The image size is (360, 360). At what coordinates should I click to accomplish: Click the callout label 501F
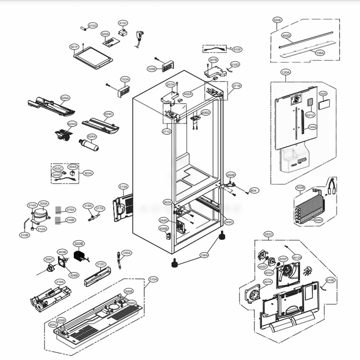point(74,47)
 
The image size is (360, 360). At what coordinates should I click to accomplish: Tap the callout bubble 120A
point(285,72)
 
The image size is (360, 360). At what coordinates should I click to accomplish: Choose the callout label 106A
point(204,255)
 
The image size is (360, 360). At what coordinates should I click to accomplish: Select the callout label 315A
point(153,279)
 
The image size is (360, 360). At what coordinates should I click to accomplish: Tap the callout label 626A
point(65,98)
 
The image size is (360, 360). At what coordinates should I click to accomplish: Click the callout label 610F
point(237,49)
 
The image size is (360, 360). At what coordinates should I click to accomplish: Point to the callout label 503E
point(278,20)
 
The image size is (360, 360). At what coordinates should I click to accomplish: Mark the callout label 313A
point(123,186)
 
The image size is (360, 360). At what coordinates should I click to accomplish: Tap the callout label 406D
point(205,113)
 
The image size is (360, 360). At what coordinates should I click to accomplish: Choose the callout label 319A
point(60,282)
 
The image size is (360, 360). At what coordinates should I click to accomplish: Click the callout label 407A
point(268,282)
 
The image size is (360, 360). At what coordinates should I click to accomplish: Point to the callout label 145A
point(312,127)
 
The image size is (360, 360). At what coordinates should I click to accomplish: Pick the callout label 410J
point(123,23)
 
